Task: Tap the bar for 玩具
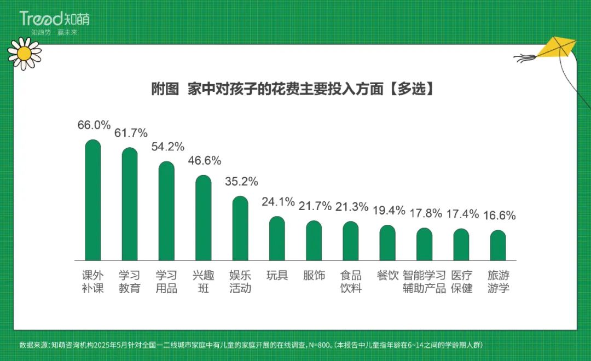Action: pos(277,238)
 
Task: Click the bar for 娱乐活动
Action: pos(240,228)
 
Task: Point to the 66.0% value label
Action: pos(94,125)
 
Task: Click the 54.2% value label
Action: pos(167,147)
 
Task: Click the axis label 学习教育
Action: pos(130,282)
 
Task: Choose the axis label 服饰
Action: pos(314,276)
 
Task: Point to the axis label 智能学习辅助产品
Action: pos(425,282)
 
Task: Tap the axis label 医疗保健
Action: pos(461,282)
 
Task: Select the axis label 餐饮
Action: pos(388,276)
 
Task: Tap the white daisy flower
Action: pos(25,53)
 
